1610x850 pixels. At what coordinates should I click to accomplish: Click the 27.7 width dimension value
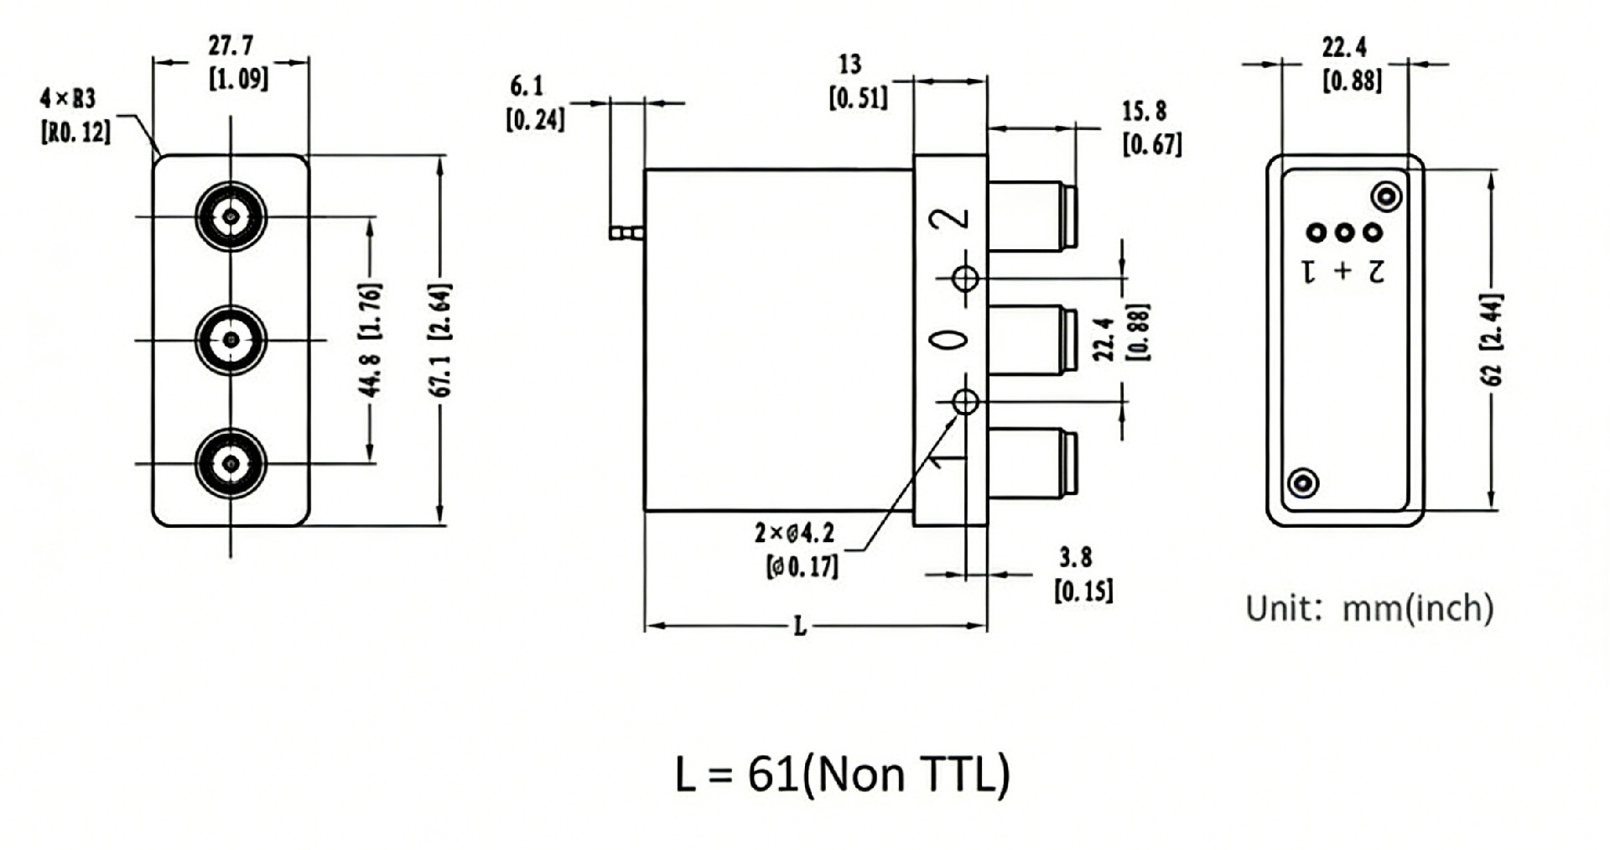(231, 45)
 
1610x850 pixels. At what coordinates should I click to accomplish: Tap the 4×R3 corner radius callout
(69, 99)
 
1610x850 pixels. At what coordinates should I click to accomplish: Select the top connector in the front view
(231, 216)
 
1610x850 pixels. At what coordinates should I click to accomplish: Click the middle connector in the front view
(231, 340)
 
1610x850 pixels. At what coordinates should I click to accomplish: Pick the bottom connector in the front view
(231, 463)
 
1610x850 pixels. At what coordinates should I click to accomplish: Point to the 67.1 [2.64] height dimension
(443, 340)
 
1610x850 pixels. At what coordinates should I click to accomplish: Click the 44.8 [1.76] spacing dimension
(371, 340)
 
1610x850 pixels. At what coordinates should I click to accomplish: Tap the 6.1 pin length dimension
(527, 86)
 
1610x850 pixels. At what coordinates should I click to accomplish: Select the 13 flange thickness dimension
(849, 65)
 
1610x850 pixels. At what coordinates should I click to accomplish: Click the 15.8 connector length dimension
(1144, 112)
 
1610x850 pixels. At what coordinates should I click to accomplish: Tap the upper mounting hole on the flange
(966, 278)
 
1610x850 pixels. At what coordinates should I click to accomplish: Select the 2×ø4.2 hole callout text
(794, 534)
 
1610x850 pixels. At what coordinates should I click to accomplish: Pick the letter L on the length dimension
(800, 626)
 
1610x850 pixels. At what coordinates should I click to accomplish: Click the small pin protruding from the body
(626, 231)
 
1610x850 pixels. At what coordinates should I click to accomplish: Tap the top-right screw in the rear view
(1385, 197)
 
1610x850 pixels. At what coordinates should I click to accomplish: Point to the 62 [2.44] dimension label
(1493, 340)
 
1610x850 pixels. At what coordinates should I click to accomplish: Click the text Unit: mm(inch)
(1368, 608)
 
